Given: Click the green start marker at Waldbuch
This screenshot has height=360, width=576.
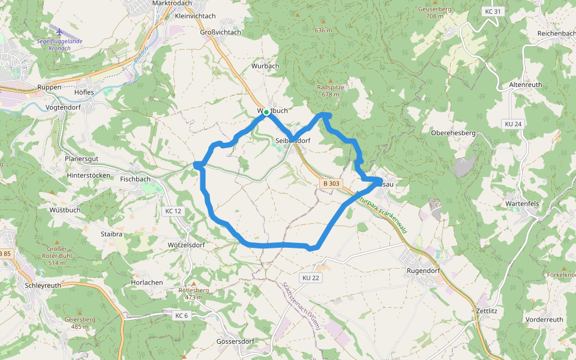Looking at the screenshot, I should click(x=266, y=112).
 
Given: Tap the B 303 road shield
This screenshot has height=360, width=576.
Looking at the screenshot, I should click(x=331, y=184).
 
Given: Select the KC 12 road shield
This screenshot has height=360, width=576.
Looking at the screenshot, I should click(x=172, y=211).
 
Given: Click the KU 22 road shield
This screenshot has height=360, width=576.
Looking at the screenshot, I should click(x=311, y=278).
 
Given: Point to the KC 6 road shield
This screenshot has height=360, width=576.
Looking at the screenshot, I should click(x=181, y=316).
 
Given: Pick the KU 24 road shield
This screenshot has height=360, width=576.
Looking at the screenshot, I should click(x=513, y=124).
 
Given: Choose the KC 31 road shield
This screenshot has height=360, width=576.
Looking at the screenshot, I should click(x=491, y=11).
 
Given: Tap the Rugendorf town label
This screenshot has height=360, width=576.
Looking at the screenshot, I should click(x=424, y=271).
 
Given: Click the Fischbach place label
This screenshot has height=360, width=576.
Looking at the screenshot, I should click(x=135, y=179).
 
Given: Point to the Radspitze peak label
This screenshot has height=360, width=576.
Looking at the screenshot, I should click(x=331, y=87).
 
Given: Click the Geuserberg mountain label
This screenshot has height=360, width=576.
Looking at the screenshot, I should click(x=435, y=10).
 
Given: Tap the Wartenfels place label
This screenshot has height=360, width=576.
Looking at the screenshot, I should click(x=522, y=204).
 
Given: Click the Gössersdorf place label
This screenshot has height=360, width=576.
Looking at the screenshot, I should click(x=235, y=341).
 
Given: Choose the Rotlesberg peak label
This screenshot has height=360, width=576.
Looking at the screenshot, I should click(x=193, y=290).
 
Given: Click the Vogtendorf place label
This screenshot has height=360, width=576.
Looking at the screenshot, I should click(x=63, y=108).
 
